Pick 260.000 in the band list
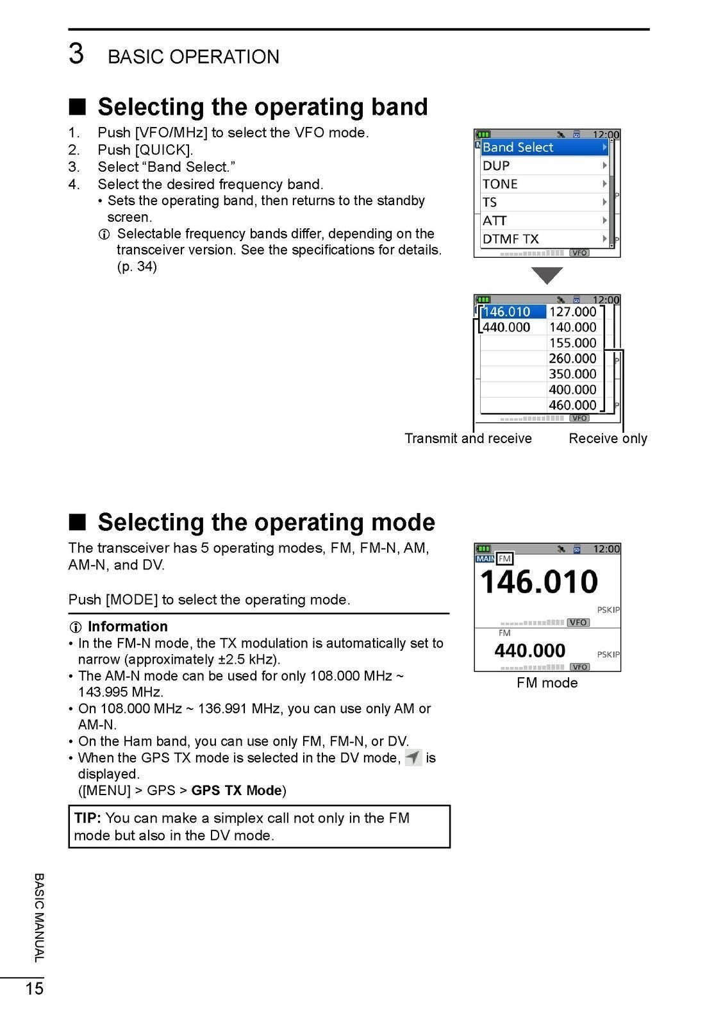[x=572, y=359]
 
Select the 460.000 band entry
[x=572, y=405]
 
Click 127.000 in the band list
[x=572, y=312]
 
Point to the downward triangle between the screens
[x=547, y=275]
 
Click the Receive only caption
[x=608, y=439]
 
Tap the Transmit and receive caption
[x=468, y=439]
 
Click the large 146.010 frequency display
[x=538, y=582]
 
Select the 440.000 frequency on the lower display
[x=529, y=651]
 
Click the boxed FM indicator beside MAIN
[x=504, y=559]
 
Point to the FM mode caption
[x=547, y=683]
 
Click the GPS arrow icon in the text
[x=413, y=758]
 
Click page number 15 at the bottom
[x=35, y=988]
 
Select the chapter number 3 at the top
[x=76, y=54]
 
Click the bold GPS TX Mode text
[x=237, y=791]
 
